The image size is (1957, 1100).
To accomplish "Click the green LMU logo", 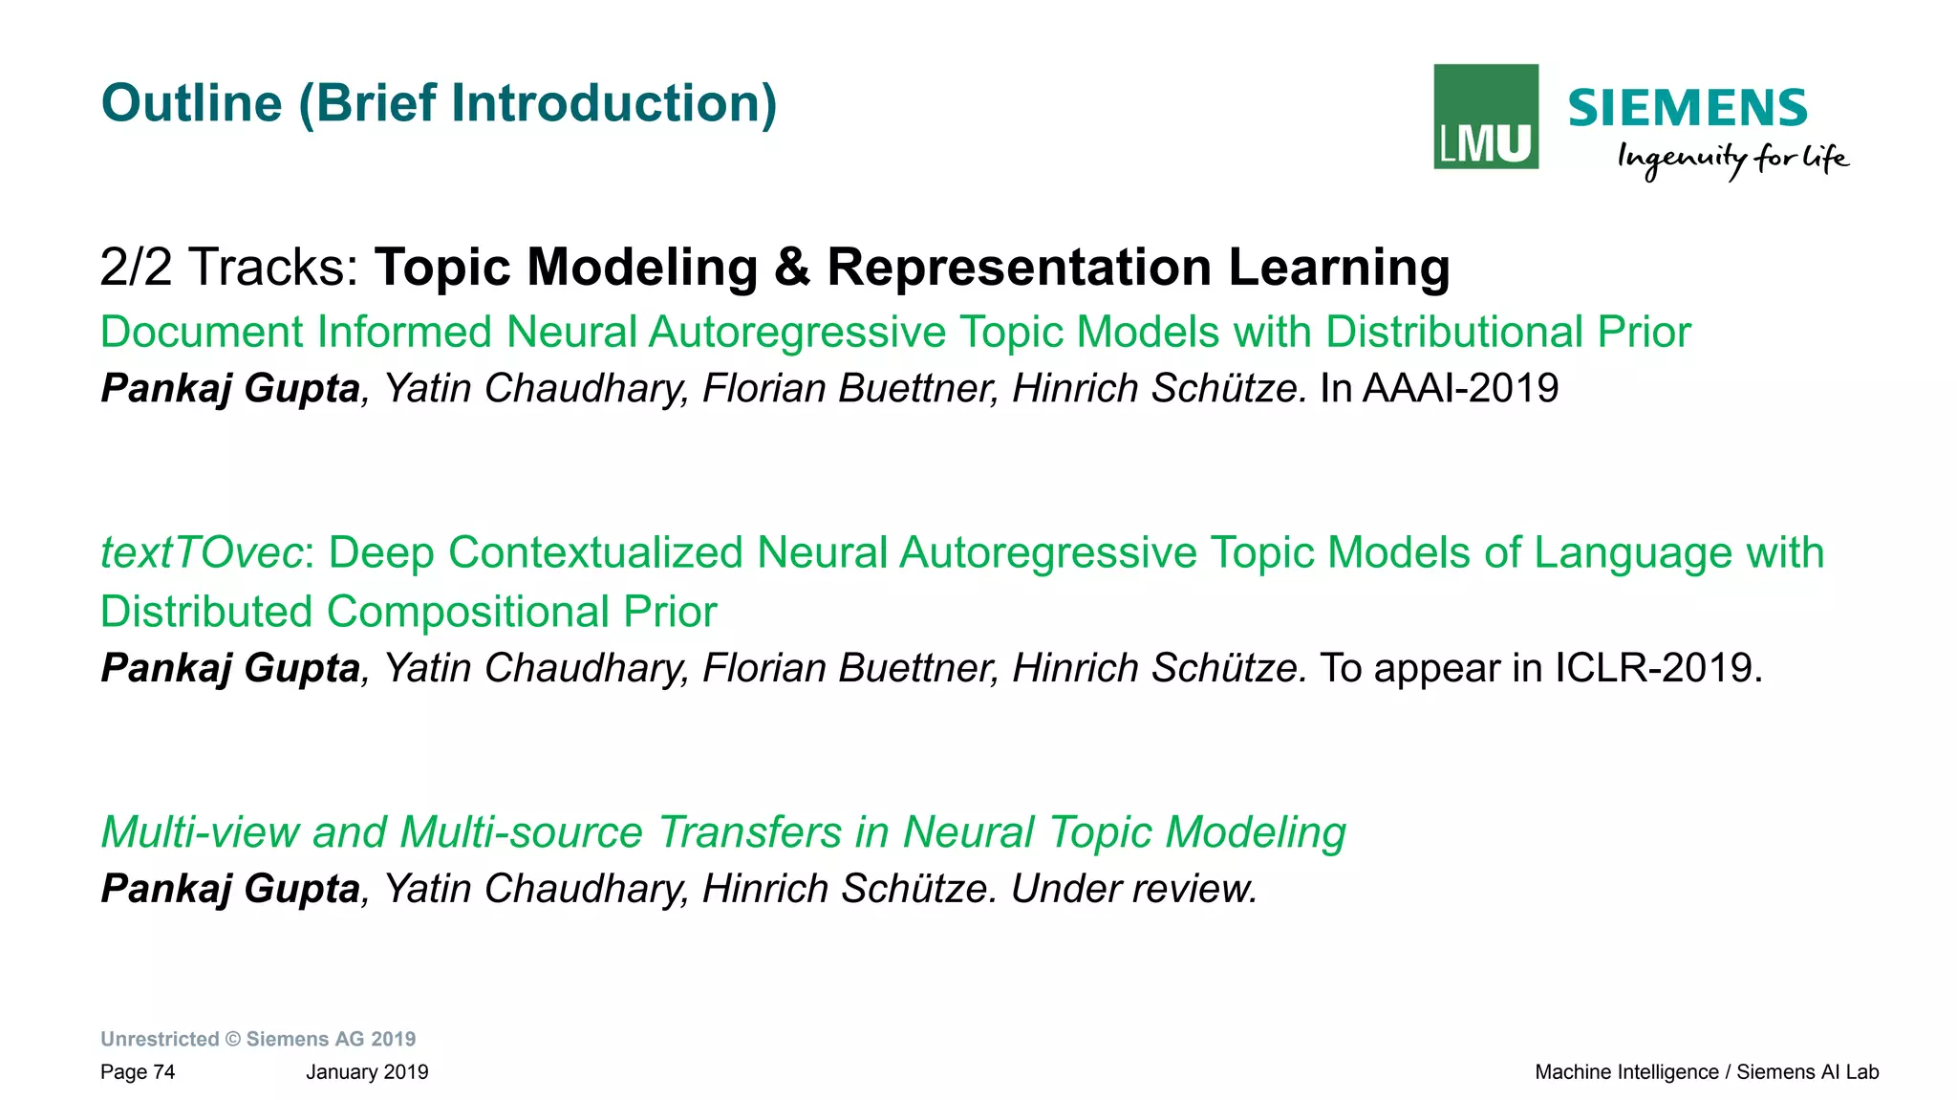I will point(1486,117).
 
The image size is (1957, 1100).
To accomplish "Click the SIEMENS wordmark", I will point(1688,108).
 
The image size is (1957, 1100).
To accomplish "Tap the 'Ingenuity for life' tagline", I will point(1732,159).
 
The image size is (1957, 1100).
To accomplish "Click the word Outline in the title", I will point(192,103).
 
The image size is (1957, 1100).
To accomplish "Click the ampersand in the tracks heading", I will point(792,267).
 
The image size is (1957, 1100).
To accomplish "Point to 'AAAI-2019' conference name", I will point(1460,389).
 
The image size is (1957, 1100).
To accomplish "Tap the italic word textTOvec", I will point(202,553).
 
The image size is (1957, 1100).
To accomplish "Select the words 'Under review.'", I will point(1133,889).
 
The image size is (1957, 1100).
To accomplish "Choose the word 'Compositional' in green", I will point(467,612).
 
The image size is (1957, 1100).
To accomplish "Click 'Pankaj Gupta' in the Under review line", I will point(230,889).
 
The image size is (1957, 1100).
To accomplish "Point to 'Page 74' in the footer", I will point(138,1072).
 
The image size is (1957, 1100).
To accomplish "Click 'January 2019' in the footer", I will point(367,1072).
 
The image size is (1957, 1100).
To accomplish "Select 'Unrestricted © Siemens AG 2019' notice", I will point(258,1039).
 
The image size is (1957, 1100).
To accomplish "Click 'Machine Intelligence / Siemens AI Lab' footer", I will point(1706,1072).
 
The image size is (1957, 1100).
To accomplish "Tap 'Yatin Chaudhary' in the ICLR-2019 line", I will point(535,668).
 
